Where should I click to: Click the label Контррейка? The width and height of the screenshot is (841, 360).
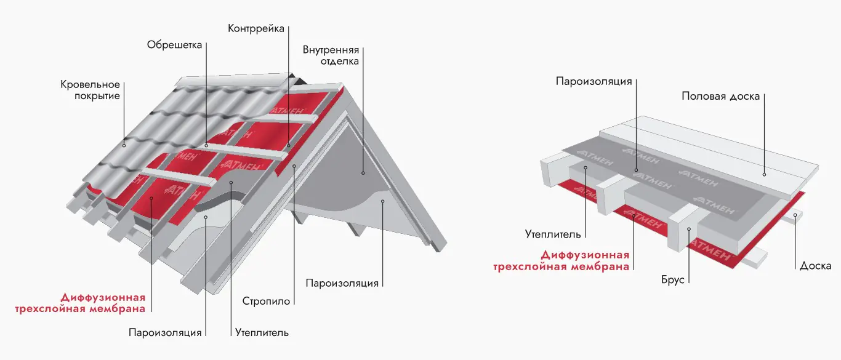pos(257,29)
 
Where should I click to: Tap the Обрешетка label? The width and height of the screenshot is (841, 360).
pos(175,45)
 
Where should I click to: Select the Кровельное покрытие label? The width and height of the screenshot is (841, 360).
pos(90,90)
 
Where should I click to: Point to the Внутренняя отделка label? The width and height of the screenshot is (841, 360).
pos(331,55)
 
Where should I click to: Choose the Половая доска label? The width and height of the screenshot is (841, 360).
pos(721,96)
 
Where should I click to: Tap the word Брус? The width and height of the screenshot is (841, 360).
pos(672,279)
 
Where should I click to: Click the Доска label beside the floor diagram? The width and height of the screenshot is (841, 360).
pos(815,266)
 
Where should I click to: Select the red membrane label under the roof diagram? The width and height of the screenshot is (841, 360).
pos(81,302)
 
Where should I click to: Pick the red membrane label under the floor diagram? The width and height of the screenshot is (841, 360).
pos(561,260)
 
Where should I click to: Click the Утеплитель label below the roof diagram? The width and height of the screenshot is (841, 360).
pos(262,333)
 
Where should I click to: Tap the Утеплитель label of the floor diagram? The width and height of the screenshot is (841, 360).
pos(552,234)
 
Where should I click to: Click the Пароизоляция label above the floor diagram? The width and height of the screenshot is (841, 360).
pos(594,81)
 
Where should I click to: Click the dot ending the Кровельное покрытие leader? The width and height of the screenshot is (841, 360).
pos(124,145)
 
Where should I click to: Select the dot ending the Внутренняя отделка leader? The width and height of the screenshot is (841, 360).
pos(363,174)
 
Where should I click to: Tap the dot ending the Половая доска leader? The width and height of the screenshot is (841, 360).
pos(764,172)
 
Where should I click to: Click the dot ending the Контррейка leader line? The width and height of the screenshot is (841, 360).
pos(288,146)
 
